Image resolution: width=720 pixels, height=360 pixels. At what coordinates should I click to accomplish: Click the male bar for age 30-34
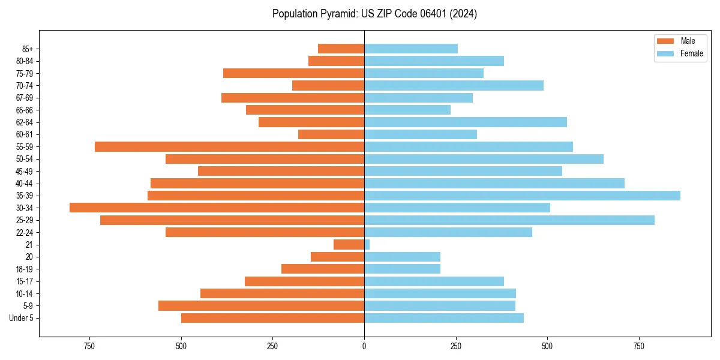pyautogui.click(x=217, y=208)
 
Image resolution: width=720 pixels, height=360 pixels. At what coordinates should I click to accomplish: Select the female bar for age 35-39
pyautogui.click(x=522, y=196)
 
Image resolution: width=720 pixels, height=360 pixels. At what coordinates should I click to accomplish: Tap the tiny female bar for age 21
pyautogui.click(x=367, y=245)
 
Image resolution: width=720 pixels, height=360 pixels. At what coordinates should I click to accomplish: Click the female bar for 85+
pyautogui.click(x=411, y=49)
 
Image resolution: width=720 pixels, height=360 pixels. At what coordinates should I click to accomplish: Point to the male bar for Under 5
pyautogui.click(x=272, y=318)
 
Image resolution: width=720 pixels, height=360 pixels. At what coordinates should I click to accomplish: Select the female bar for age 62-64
pyautogui.click(x=466, y=122)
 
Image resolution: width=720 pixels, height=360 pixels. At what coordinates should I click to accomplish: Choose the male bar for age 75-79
pyautogui.click(x=293, y=73)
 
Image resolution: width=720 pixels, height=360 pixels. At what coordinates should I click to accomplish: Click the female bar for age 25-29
pyautogui.click(x=509, y=220)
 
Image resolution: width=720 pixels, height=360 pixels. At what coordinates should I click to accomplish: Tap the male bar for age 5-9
pyautogui.click(x=261, y=306)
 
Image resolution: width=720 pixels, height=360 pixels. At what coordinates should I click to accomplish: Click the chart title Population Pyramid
pyautogui.click(x=374, y=14)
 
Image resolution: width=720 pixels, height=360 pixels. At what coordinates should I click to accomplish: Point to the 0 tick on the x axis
pyautogui.click(x=364, y=347)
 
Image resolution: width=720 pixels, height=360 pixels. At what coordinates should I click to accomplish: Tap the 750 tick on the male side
pyautogui.click(x=89, y=347)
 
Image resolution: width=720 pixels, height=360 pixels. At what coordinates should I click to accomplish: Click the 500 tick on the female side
pyautogui.click(x=547, y=347)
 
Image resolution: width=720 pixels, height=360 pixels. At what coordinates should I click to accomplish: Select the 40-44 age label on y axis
pyautogui.click(x=25, y=184)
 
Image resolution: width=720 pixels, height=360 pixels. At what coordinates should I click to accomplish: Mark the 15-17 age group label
pyautogui.click(x=25, y=281)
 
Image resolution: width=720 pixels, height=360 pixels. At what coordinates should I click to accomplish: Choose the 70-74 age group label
pyautogui.click(x=25, y=86)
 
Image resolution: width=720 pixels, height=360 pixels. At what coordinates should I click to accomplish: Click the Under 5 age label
pyautogui.click(x=21, y=318)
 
